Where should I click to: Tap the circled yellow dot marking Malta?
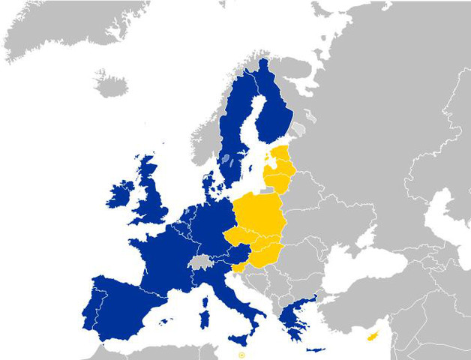pos(241,354)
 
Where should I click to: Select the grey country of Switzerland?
pos(200,261)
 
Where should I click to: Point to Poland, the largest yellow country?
pos(259,214)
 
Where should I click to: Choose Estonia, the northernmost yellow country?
pos(280,157)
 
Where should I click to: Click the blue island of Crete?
pos(316,349)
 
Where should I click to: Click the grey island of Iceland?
pos(111,84)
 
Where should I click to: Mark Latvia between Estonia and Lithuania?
pos(281,170)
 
